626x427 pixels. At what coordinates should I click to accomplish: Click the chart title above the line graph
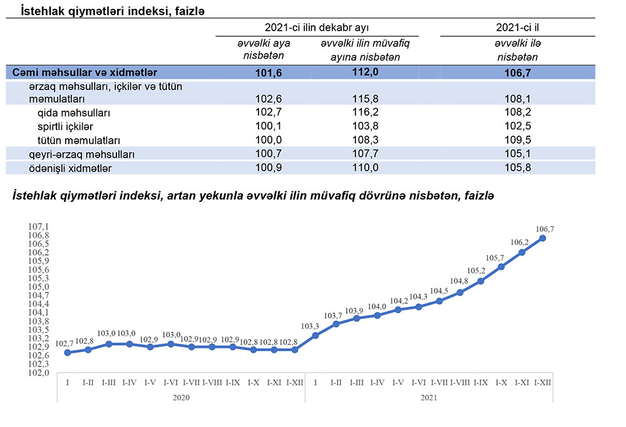pos(254,196)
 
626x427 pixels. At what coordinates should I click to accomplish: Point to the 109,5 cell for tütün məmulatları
pos(517,140)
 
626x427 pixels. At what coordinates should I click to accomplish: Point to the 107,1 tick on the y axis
pos(39,226)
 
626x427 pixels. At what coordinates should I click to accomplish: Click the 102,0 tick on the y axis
pos(39,373)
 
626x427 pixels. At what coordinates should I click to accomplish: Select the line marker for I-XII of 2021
pos(542,238)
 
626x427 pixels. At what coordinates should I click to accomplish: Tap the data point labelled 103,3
pos(316,336)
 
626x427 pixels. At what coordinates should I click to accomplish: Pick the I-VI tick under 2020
pos(171,383)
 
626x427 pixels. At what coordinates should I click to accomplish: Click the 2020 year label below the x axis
pos(180,396)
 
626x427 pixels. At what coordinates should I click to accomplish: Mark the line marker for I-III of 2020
pos(109,344)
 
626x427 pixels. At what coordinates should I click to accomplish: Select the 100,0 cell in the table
pos(269,140)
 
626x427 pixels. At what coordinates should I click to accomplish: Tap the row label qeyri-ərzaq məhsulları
pos(82,154)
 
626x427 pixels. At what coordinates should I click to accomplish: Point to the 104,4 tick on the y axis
pos(39,304)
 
